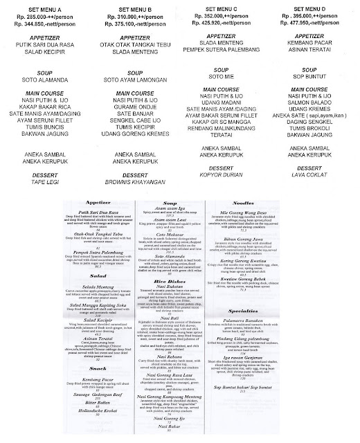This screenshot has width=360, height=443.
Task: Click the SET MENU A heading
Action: tap(46, 8)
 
